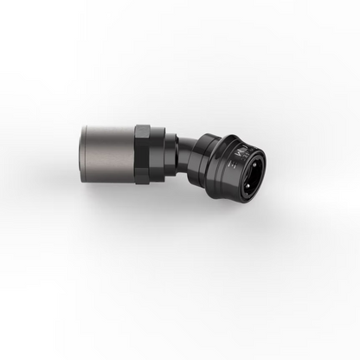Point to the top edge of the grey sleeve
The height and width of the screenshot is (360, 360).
click(x=108, y=125)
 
